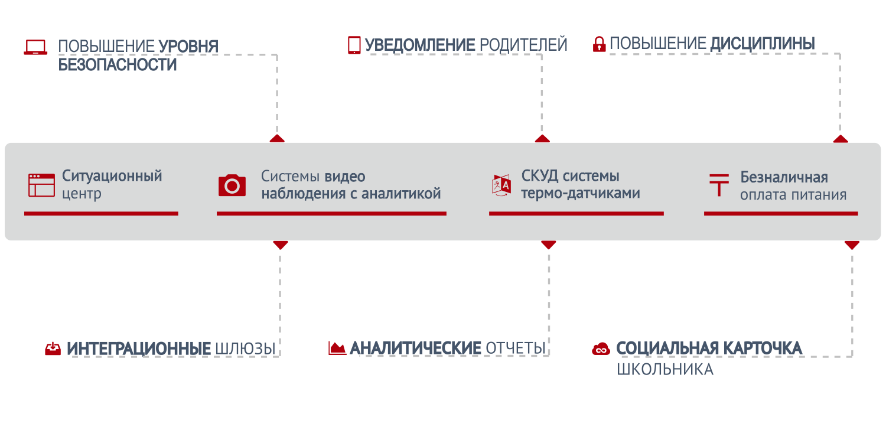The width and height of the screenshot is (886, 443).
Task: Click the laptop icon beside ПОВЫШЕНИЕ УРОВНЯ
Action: [35, 47]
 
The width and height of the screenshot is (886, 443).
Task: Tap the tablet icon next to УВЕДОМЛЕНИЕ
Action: [354, 45]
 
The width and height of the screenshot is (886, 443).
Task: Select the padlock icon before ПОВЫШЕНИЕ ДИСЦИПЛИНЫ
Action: [599, 44]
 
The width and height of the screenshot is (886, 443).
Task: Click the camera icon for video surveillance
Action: [232, 185]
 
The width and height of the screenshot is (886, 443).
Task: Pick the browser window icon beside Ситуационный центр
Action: [41, 185]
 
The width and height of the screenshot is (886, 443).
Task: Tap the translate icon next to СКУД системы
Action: [501, 185]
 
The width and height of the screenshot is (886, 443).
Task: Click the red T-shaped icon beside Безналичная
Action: [719, 185]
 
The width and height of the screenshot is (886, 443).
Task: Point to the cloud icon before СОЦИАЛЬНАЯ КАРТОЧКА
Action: [601, 349]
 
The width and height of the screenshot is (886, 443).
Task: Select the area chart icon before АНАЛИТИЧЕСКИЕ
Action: [337, 348]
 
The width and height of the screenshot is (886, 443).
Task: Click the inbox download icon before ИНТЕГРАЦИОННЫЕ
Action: [53, 349]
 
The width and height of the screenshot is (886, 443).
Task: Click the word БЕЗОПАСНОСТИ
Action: [118, 65]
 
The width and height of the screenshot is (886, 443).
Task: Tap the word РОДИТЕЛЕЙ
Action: [523, 45]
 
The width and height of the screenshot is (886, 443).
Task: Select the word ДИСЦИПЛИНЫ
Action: [762, 44]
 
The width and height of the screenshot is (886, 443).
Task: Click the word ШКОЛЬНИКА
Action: [665, 369]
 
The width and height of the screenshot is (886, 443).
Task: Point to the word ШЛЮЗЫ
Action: [245, 349]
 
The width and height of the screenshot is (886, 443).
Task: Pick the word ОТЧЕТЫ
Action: [516, 348]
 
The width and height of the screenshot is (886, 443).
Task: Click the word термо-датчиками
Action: [580, 193]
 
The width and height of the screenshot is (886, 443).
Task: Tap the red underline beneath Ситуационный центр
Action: [101, 214]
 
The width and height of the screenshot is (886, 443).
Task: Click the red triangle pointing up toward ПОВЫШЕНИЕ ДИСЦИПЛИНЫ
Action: [841, 139]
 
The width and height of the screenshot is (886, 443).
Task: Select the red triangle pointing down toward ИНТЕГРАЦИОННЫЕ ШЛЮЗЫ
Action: [281, 245]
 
